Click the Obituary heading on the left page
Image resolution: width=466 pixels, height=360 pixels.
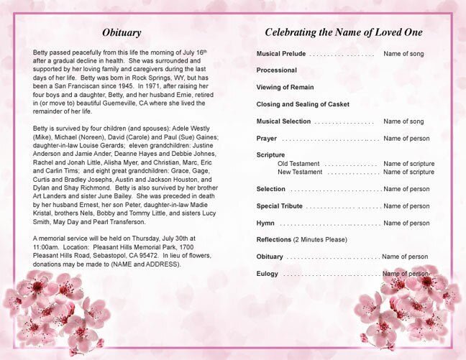[x=121, y=33]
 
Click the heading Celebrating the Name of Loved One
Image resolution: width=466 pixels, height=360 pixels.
[x=344, y=33]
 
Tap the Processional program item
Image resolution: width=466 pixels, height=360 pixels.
[x=277, y=70]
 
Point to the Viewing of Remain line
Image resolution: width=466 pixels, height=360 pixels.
[x=285, y=87]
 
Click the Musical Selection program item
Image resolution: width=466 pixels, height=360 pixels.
[x=283, y=121]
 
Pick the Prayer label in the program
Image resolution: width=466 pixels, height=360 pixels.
[x=266, y=138]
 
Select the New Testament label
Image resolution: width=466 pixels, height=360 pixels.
[x=300, y=172]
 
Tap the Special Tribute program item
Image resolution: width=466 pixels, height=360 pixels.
[x=279, y=206]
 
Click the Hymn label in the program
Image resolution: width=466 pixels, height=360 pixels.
[x=265, y=223]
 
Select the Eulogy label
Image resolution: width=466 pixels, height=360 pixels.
[x=268, y=274]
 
